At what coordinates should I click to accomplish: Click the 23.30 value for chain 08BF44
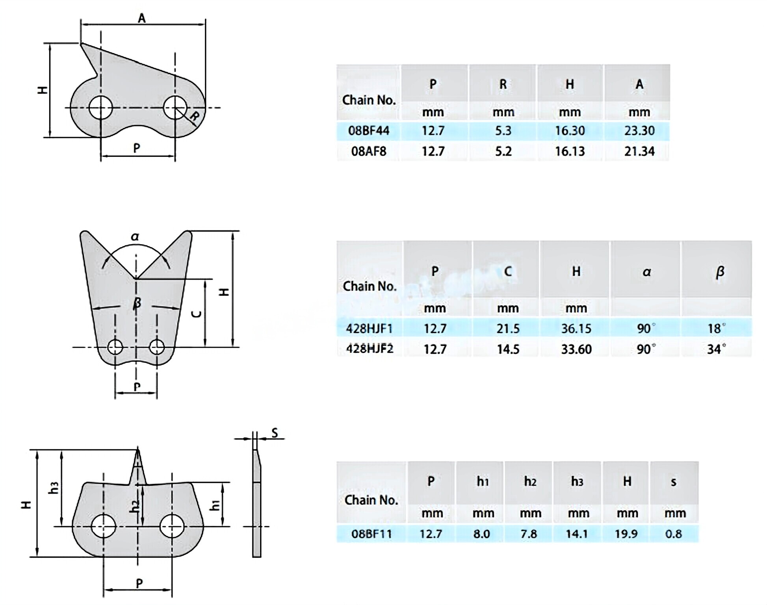(639, 130)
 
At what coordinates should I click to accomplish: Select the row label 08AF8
(369, 151)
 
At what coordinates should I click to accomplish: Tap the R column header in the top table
(503, 84)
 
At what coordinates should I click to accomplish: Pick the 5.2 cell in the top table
(503, 151)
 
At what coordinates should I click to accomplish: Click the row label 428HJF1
(369, 328)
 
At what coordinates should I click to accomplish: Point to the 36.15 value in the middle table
(576, 328)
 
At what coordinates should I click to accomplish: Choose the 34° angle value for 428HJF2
(717, 349)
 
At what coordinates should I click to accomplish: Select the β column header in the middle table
(720, 272)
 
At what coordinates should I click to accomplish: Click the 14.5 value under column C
(508, 349)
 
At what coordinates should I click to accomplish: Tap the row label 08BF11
(371, 534)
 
